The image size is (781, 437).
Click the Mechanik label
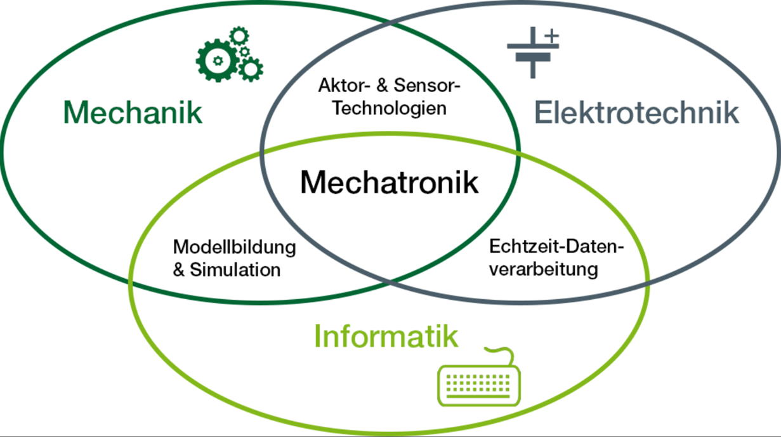click(x=133, y=113)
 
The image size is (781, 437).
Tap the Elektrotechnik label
click(x=637, y=113)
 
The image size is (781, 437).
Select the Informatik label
click(x=386, y=336)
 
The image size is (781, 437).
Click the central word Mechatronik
click(x=389, y=183)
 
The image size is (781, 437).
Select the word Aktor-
click(x=343, y=85)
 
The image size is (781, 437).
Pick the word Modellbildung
click(x=234, y=247)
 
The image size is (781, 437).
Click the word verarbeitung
click(x=544, y=269)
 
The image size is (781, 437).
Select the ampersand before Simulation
click(x=180, y=270)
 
